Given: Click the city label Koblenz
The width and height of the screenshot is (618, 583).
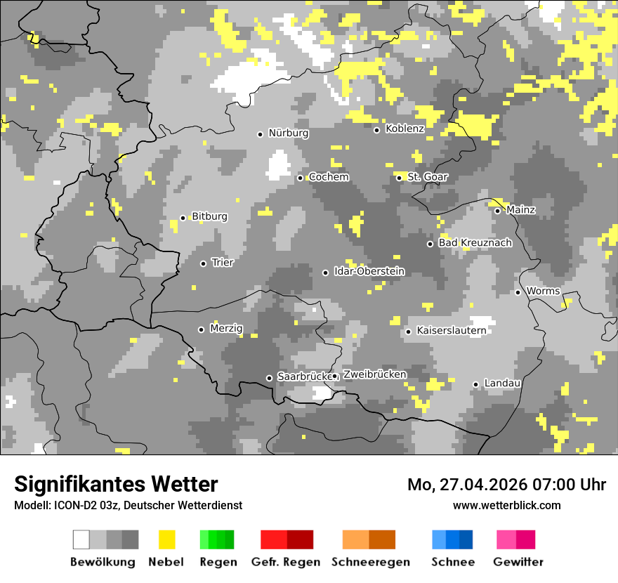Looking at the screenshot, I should click(405, 129).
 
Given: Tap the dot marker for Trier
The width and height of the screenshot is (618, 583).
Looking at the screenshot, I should click(203, 263).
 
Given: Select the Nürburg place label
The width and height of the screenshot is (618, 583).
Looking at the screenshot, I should click(288, 133).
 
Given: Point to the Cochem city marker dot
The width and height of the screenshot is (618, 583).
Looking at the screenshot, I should click(300, 178).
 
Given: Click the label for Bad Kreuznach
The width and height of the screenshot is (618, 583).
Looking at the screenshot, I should click(475, 243).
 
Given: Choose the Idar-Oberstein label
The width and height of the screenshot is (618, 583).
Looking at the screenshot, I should click(369, 272).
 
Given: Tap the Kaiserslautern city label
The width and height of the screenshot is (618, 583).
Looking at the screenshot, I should click(451, 330).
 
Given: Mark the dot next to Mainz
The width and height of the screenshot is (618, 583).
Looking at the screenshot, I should click(497, 211).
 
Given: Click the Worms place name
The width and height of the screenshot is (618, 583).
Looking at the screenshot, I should click(543, 291).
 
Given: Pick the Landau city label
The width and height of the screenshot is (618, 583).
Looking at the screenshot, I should click(502, 384).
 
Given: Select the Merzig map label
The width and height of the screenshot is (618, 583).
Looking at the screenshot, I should click(226, 329).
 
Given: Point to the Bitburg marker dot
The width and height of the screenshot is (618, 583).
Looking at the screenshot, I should click(183, 218).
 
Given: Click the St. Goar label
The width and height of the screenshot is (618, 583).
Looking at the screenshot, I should click(427, 177).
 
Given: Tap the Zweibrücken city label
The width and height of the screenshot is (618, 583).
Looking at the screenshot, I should click(374, 374).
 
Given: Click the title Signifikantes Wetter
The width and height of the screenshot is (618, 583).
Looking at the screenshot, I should click(116, 485).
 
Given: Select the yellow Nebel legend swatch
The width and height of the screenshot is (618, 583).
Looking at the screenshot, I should click(166, 539).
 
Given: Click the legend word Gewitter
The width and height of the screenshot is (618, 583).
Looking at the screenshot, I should click(518, 562).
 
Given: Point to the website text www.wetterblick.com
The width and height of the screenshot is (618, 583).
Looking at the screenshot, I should click(506, 505).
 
